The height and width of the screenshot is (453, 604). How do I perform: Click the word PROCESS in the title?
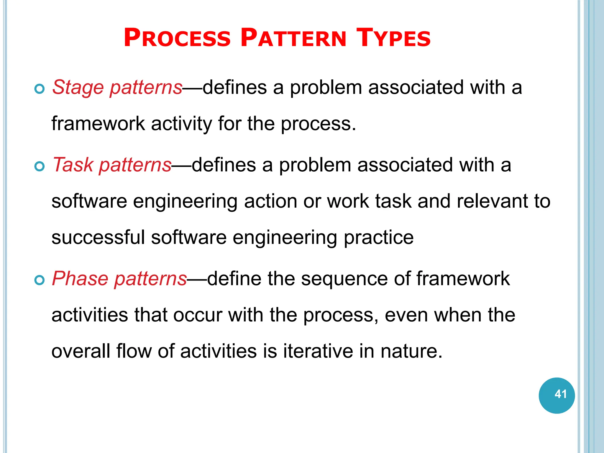point(177,38)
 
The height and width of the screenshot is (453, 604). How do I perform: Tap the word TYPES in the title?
point(393,38)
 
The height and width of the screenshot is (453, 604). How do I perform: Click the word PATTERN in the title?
point(293,38)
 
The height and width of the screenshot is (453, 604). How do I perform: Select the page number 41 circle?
point(557,395)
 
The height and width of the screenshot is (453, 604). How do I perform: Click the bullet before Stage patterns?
point(39,89)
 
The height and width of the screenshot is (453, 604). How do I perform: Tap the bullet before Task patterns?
point(39,166)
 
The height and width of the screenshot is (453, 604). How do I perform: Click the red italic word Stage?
point(78,88)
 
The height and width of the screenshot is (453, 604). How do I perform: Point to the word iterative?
point(318,351)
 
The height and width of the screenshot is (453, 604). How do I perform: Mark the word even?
point(406,315)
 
